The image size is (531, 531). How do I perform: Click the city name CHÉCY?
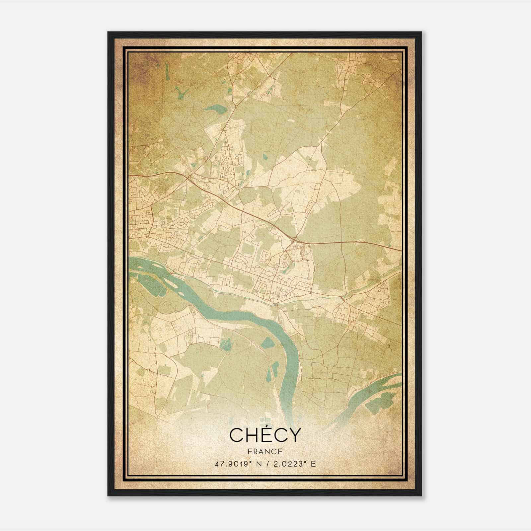[265, 435]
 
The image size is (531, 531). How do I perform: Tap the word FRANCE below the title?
[265, 451]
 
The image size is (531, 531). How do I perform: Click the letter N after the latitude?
[260, 464]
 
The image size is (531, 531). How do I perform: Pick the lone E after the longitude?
[313, 464]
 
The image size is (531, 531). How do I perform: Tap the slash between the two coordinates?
[267, 464]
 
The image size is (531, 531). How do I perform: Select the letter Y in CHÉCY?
[294, 435]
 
